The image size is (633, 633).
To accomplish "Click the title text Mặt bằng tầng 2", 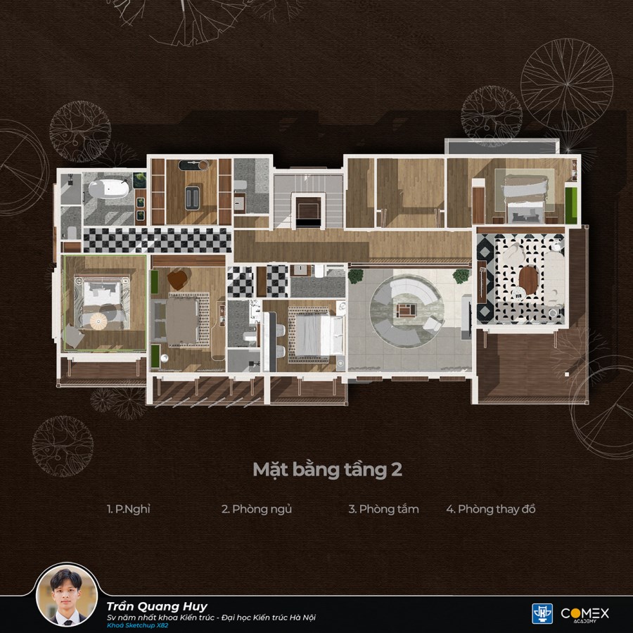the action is point(327,470).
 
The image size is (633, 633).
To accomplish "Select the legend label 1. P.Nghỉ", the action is point(129,509).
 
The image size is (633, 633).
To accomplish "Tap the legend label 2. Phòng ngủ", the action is point(256,509).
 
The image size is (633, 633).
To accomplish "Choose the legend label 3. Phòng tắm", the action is point(383,509).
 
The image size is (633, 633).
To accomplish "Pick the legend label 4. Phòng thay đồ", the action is point(490,509).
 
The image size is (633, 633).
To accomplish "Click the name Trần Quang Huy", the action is point(157,606).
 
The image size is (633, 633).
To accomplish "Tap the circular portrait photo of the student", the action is point(67,596).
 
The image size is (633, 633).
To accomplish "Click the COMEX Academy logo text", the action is point(584,615).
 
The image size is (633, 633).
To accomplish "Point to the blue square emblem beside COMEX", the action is point(542,613).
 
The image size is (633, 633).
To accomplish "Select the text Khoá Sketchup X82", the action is point(137,626).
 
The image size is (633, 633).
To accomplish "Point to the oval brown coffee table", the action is point(528,280).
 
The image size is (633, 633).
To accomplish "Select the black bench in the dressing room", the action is point(192,198).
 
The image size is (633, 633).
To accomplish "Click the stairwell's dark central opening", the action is point(309,212).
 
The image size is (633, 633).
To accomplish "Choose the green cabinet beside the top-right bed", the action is point(571,205).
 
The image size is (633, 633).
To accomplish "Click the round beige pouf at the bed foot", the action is point(98,321).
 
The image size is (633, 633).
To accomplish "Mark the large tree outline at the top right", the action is point(567,85).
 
